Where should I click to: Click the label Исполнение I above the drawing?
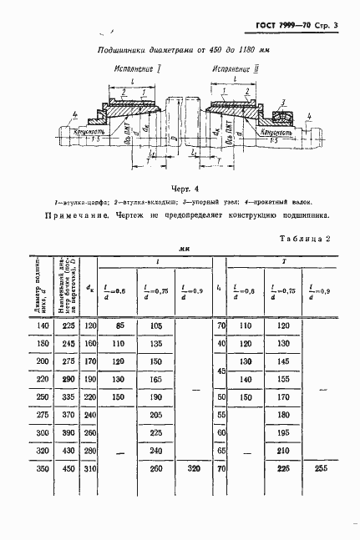tap(134, 74)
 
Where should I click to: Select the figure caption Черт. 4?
tap(180, 188)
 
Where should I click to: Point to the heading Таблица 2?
tap(305, 238)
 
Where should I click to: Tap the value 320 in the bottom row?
tap(193, 468)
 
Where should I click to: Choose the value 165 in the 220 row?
tap(155, 378)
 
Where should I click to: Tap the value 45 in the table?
tap(221, 369)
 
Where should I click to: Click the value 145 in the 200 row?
tap(281, 360)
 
